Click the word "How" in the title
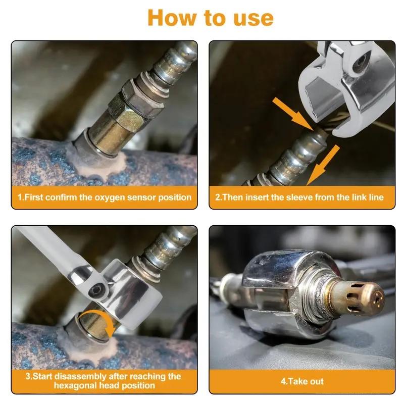pos(173,18)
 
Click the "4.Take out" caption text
pos(302,381)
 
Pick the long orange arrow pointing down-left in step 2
pos(323,165)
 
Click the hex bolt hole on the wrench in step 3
pos(97,290)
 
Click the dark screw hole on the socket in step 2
pos(360,62)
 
